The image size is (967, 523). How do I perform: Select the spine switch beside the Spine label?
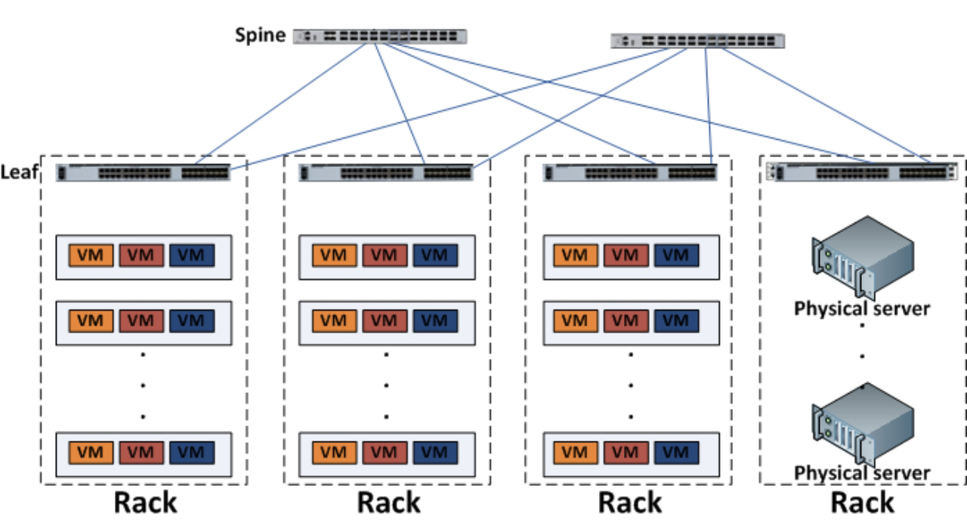click(380, 36)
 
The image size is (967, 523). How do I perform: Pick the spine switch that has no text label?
click(697, 41)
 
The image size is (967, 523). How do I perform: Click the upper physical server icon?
click(863, 259)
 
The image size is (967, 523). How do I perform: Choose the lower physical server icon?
click(863, 426)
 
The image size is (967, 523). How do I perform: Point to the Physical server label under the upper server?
click(862, 308)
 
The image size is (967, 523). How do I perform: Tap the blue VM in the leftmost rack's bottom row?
click(192, 452)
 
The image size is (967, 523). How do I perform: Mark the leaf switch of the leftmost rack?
click(143, 172)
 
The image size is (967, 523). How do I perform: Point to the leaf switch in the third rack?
click(630, 172)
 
